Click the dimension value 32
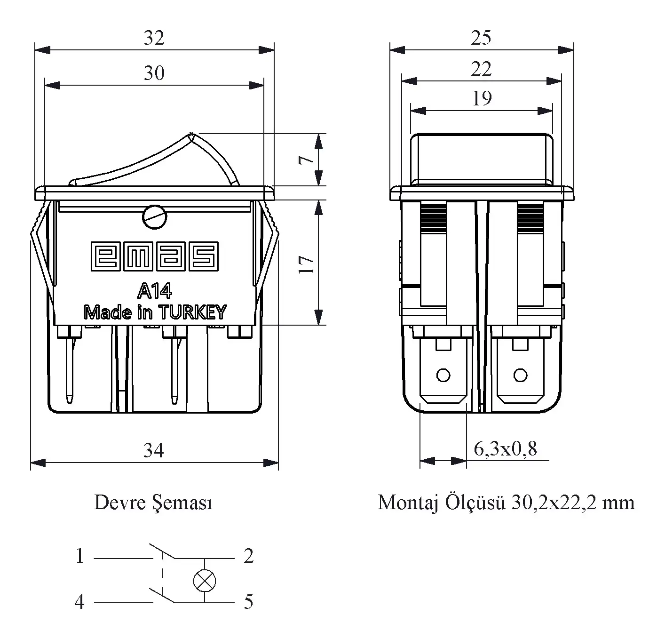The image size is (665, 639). click(x=154, y=38)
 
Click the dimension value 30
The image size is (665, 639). click(x=154, y=73)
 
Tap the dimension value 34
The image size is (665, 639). click(x=154, y=451)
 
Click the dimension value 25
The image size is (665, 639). click(x=481, y=38)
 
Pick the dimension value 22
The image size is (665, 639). click(x=481, y=70)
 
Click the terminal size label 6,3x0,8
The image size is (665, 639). click(x=505, y=449)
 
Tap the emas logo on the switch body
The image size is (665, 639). click(x=155, y=256)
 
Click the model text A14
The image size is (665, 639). click(x=155, y=291)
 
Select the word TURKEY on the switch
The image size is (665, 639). click(x=192, y=312)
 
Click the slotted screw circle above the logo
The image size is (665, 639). click(x=154, y=217)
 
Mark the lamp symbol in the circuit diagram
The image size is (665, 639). click(x=205, y=581)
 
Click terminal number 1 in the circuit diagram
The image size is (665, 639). click(x=80, y=556)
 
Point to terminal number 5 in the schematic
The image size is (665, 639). click(x=248, y=602)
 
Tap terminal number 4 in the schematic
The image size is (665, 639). click(x=79, y=602)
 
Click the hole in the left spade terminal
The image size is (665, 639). click(x=443, y=375)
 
